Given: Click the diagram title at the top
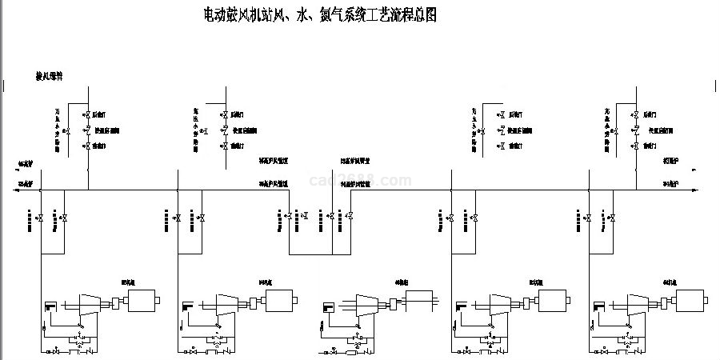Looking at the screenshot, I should click(320, 15).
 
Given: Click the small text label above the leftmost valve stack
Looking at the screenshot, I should click(49, 76).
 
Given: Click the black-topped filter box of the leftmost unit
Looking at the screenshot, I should click(50, 306).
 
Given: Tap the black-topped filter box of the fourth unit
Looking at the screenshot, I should click(460, 306).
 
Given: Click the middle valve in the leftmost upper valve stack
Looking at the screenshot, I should click(87, 130).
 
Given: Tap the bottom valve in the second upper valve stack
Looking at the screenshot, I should click(225, 146).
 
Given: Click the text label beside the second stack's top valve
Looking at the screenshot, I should click(238, 115).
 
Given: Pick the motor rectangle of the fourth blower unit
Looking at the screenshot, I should click(552, 302).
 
